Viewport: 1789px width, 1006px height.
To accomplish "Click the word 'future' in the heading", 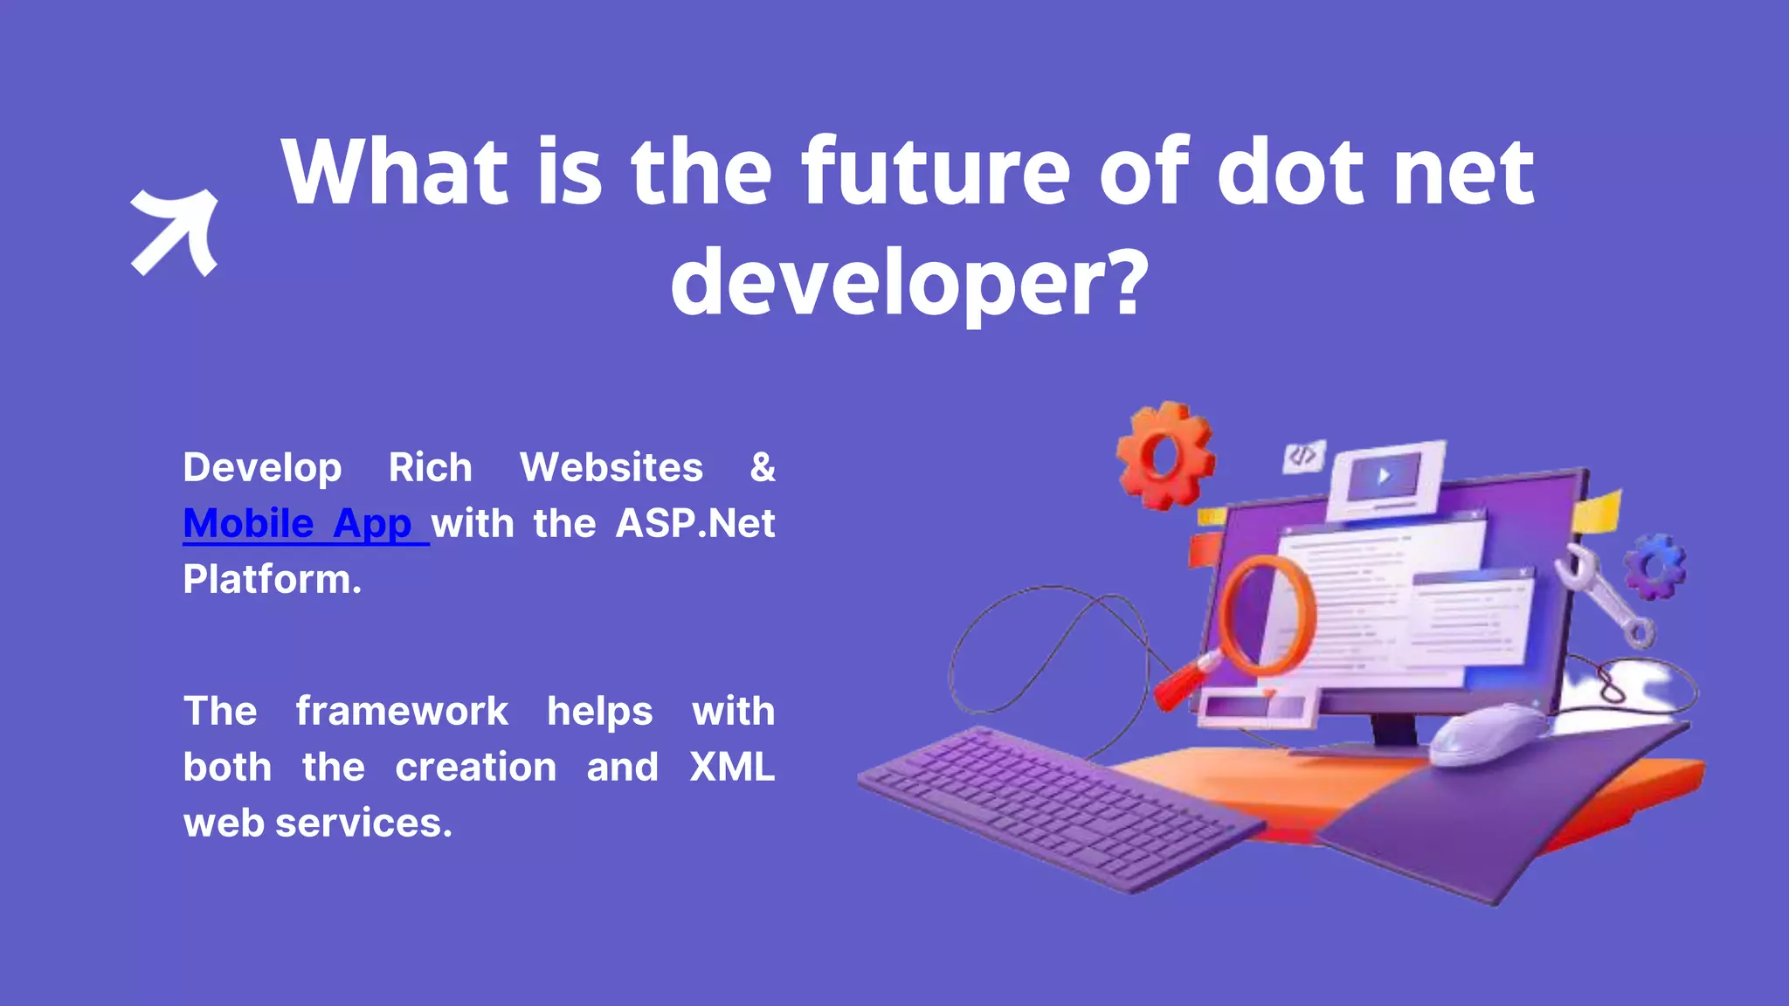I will (x=936, y=172).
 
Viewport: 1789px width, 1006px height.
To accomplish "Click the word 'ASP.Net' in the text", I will (x=695, y=524).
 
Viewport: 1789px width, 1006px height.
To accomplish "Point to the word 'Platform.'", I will (x=272, y=580).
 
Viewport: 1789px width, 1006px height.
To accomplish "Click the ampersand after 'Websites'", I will (x=763, y=467).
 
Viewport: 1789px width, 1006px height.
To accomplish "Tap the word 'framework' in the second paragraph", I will (x=402, y=711).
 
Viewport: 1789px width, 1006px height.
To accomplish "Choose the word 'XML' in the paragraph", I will (x=731, y=767).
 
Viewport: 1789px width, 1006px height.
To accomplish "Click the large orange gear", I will (x=1164, y=455).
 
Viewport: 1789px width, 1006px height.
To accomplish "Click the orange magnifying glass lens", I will (x=1266, y=617).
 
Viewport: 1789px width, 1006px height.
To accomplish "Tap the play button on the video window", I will (x=1385, y=477).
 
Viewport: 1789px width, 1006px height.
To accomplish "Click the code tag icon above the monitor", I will (x=1303, y=456).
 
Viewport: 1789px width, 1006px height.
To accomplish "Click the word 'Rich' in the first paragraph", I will (x=430, y=467).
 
